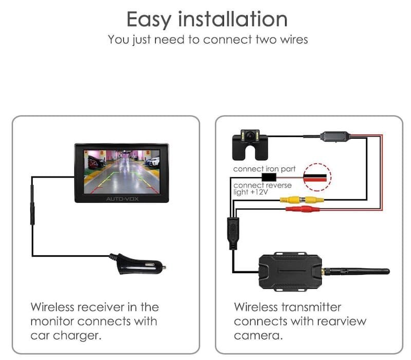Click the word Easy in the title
click(149, 20)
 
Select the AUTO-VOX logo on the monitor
click(122, 198)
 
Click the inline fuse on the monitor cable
click(32, 205)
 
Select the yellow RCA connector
click(298, 200)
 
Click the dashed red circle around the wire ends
click(316, 176)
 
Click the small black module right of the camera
click(334, 137)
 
